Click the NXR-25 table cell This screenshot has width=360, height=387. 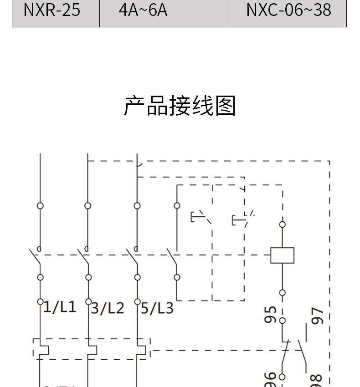pos(52,10)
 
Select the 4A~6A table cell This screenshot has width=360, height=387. pos(143,10)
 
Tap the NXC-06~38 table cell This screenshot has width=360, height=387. pos(288,10)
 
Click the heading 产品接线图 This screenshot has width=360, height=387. pos(180,106)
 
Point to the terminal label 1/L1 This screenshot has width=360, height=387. pos(60,307)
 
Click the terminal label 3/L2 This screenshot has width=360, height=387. pos(108,308)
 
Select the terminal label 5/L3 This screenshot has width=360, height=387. pos(157,308)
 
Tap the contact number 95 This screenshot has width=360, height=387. pos(271,315)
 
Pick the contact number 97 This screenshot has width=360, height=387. pos(318,316)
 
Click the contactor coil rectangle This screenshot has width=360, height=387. pos(282,255)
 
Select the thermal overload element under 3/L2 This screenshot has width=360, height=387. pos(92,350)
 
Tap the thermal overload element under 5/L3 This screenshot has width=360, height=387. pos(141,350)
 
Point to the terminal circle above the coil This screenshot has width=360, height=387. pos(282,224)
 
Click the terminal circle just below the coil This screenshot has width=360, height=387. pos(282,293)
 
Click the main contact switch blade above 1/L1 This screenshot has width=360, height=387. pos(35,258)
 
